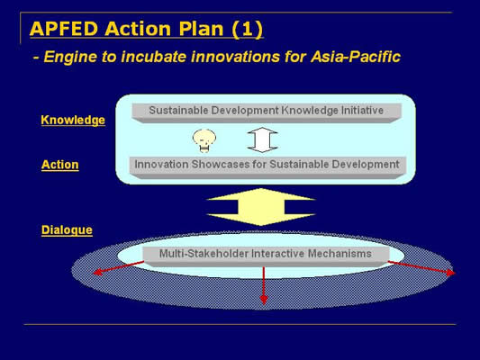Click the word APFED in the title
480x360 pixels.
(64, 29)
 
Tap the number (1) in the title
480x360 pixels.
(248, 30)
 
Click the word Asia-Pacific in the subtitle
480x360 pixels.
(356, 57)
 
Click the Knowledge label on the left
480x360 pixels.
(73, 120)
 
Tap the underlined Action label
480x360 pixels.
(60, 165)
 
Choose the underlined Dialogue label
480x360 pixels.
(67, 230)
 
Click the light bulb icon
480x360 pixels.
(204, 140)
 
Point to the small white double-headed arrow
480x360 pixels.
(262, 139)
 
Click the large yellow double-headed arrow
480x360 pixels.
(261, 207)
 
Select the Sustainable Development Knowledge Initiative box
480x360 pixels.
(267, 112)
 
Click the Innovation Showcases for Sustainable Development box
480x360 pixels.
(267, 167)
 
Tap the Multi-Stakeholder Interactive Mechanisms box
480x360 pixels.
(266, 256)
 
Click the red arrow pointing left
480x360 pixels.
(118, 267)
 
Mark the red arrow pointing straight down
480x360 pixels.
(264, 285)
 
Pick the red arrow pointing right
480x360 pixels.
(421, 268)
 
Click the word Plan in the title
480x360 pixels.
(201, 29)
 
